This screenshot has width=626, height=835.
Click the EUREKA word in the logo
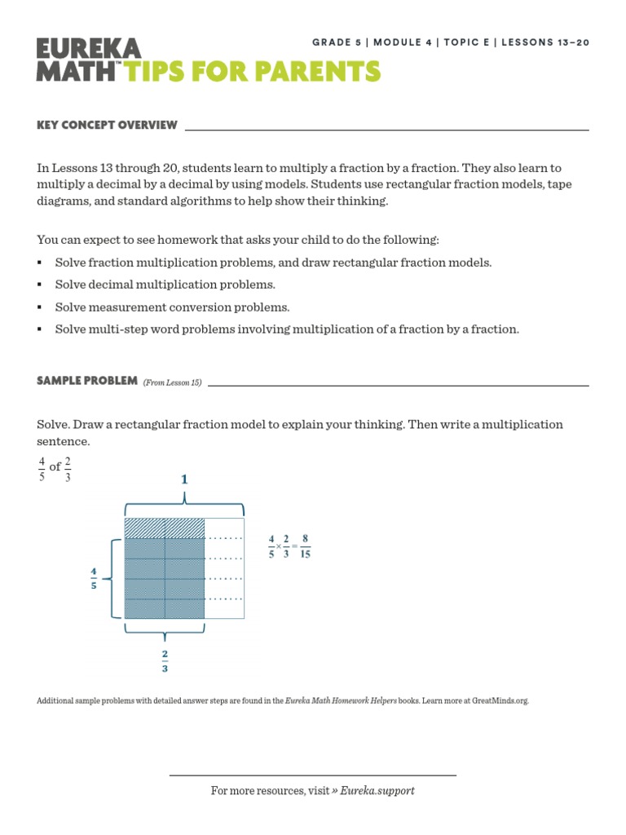[x=89, y=48]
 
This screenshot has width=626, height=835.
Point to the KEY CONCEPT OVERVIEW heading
[x=107, y=125]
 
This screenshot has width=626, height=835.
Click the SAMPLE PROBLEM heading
[x=87, y=381]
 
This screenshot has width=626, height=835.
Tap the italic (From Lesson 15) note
[x=173, y=382]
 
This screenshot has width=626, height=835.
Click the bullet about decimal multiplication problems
[x=165, y=285]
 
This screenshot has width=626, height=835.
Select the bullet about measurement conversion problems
[x=172, y=307]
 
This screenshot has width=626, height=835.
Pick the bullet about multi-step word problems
[x=287, y=329]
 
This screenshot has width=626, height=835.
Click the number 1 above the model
[x=185, y=479]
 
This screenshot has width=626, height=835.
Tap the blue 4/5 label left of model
[x=95, y=578]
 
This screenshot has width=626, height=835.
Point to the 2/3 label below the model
[x=165, y=660]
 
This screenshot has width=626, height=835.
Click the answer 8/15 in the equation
[x=305, y=546]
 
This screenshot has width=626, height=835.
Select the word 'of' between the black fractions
[x=55, y=467]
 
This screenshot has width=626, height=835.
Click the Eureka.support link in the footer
[x=377, y=790]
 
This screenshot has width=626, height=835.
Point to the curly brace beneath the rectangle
[x=165, y=632]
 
